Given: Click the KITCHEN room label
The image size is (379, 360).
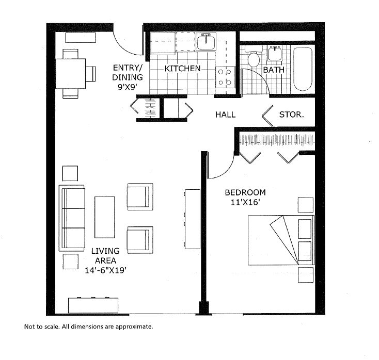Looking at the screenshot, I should pyautogui.click(x=182, y=69).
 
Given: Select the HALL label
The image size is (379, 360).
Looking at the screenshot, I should pyautogui.click(x=226, y=114).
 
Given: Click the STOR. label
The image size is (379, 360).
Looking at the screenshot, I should pyautogui.click(x=291, y=114).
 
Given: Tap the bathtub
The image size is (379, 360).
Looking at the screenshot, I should pyautogui.click(x=303, y=69).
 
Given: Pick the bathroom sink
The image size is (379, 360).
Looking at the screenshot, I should pyautogui.click(x=274, y=53).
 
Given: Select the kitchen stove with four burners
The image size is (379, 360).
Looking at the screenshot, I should pyautogui.click(x=225, y=77).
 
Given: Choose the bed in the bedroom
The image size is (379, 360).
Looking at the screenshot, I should pyautogui.click(x=280, y=240).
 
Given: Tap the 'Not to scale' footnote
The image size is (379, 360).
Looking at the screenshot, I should pyautogui.click(x=89, y=326).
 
